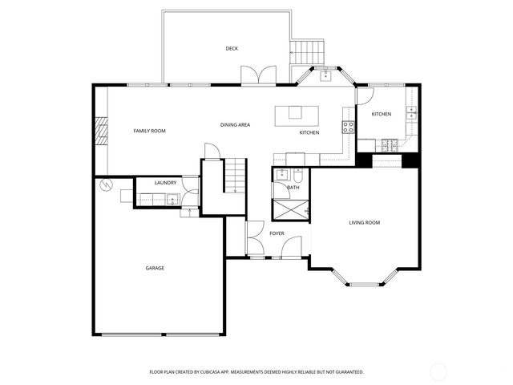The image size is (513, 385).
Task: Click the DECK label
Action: click(232, 49)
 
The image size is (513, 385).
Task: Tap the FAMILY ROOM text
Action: click(149, 130)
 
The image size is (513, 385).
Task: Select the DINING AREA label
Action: click(236, 125)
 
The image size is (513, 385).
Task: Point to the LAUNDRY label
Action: click(165, 183)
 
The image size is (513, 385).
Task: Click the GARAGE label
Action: click(155, 268)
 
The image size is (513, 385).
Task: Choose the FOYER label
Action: click(277, 233)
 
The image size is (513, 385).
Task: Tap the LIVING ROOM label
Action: click(364, 223)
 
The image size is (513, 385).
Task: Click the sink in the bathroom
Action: click(281, 175)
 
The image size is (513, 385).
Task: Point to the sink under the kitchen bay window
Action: click(325, 76)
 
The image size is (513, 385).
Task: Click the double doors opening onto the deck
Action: click(258, 75)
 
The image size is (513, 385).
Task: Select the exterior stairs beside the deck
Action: click(308, 53)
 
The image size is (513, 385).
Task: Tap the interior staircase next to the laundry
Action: click(233, 176)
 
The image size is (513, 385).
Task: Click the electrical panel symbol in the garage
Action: click(103, 185)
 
